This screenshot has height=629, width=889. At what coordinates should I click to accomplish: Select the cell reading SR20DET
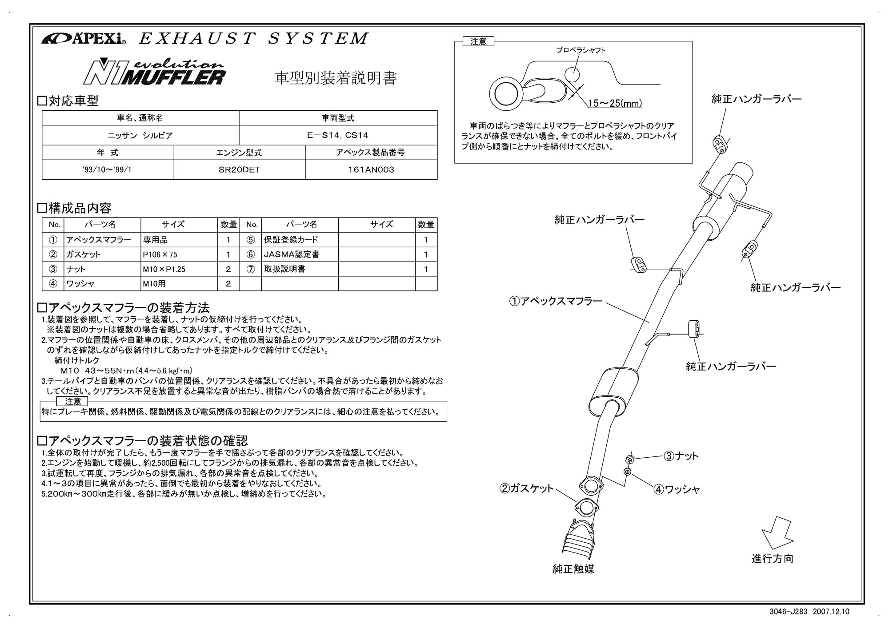click(x=239, y=170)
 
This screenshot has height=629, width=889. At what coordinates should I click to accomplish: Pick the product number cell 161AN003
click(x=371, y=170)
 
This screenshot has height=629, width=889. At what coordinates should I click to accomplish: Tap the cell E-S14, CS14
click(x=338, y=135)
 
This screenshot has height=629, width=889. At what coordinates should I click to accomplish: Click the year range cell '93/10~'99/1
click(x=107, y=170)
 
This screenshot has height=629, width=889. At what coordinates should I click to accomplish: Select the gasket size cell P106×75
click(x=160, y=254)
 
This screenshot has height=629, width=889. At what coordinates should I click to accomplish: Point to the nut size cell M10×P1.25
click(x=164, y=269)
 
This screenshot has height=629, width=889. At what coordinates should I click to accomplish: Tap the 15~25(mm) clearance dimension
click(x=615, y=104)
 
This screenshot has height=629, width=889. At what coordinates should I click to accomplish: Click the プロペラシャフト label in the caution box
click(x=581, y=50)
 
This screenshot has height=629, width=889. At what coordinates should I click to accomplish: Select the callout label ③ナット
click(x=681, y=456)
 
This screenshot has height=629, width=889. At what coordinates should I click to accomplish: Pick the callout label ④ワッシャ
click(x=677, y=490)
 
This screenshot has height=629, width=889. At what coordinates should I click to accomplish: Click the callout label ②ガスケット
click(x=527, y=488)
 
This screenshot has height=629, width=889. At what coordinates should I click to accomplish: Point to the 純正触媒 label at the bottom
click(x=573, y=569)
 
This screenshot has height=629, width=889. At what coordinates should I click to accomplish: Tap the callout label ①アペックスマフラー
click(x=555, y=301)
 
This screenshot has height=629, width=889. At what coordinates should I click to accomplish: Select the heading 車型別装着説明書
click(x=336, y=78)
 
